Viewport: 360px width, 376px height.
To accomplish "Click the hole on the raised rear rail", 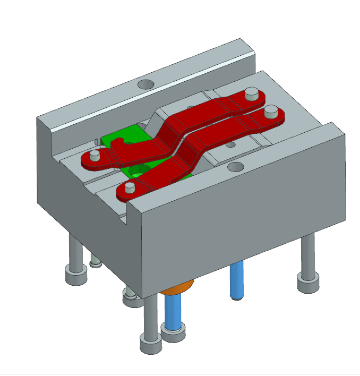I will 145,84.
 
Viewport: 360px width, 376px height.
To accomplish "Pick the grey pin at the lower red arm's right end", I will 271,112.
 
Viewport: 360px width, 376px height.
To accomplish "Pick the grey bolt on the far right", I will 308,266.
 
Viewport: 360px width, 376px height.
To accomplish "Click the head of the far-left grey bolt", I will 75,275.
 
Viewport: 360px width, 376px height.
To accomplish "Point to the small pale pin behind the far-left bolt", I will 95,261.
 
